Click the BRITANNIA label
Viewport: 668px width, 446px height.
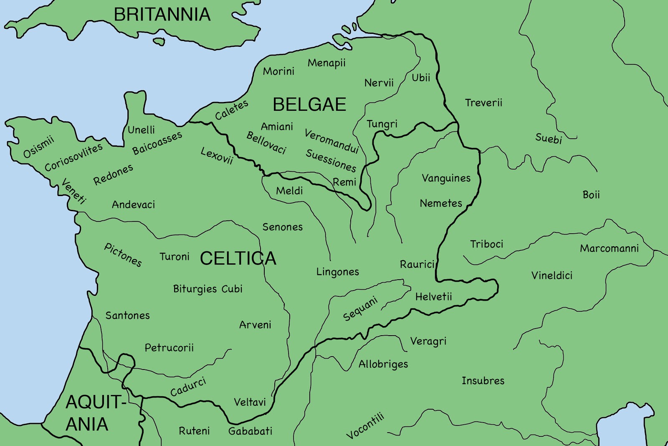pos(162,15)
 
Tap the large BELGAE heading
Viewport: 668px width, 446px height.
pos(309,104)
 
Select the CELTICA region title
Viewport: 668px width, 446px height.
pos(238,258)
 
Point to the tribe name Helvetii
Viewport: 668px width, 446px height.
pos(433,297)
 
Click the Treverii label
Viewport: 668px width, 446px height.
pos(483,103)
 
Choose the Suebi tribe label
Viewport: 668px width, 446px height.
pos(549,138)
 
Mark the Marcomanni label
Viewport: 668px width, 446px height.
pos(609,249)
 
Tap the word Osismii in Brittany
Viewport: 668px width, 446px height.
pos(38,147)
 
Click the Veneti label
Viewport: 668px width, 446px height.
pos(73,191)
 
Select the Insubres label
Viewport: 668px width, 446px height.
pos(483,381)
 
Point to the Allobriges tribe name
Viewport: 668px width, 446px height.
pos(383,364)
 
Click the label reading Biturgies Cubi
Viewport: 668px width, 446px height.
pos(207,289)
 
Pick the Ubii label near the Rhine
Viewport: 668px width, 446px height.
pos(421,78)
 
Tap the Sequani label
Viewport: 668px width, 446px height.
pos(360,308)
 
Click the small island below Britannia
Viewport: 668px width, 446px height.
pos(159,41)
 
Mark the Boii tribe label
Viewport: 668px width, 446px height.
pos(591,195)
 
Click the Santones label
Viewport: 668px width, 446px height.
pos(127,316)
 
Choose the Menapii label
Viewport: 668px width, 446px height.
pos(326,63)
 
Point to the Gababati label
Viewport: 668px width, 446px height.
pos(250,431)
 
